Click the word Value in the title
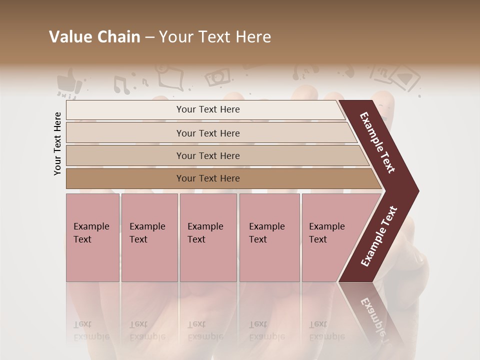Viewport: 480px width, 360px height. click(70, 37)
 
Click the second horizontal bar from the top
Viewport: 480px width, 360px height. click(208, 133)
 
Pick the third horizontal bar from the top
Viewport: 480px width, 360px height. click(208, 155)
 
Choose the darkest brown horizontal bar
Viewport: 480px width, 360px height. click(208, 178)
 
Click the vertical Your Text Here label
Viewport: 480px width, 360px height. click(57, 143)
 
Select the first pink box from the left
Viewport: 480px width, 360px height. click(92, 237)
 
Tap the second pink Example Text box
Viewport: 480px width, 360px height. click(149, 237)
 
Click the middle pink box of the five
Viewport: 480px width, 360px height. click(208, 237)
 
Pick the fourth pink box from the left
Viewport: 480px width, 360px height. click(269, 237)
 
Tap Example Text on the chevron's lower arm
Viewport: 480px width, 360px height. click(379, 236)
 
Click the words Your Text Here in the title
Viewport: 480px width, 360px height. click(215, 37)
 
